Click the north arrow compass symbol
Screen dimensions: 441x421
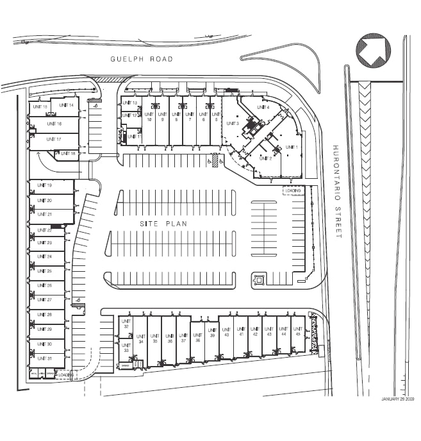(373, 51)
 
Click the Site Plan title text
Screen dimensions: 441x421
(163, 223)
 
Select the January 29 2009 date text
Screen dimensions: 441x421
(398, 399)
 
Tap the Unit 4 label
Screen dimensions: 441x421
(263, 107)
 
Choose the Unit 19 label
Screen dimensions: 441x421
(45, 185)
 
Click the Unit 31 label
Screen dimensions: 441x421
(45, 358)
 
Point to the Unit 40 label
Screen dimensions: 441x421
(226, 332)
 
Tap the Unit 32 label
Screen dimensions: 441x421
(126, 323)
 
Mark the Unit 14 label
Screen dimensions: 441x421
(66, 104)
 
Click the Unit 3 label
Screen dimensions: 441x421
(233, 123)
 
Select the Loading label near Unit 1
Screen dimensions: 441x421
(293, 190)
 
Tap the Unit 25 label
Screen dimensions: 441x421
(45, 271)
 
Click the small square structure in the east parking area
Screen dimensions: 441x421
(260, 279)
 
